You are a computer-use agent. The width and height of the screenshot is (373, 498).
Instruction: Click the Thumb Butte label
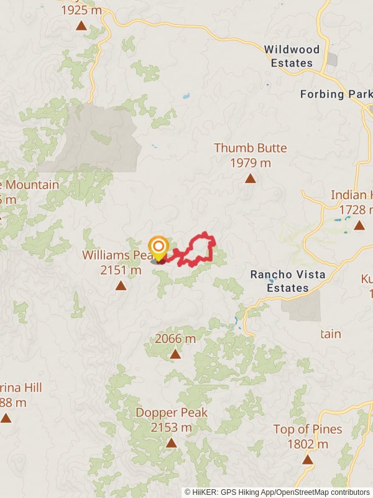click(251, 148)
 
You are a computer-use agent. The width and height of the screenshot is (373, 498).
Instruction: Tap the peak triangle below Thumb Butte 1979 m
click(251, 179)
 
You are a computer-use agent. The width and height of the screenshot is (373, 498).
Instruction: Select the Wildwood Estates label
click(292, 56)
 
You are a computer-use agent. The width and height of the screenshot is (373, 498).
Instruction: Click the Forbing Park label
click(336, 94)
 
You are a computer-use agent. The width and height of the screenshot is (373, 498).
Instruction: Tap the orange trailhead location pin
click(159, 248)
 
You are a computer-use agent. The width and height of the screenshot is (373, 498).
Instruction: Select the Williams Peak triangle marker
click(121, 286)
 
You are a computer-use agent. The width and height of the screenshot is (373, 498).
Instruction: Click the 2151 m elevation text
click(121, 270)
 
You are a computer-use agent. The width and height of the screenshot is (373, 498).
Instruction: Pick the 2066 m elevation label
click(175, 339)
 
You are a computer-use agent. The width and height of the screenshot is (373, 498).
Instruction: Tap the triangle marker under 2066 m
click(175, 354)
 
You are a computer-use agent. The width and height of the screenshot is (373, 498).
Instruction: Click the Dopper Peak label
click(172, 413)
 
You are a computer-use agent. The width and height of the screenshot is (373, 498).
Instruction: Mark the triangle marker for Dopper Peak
click(171, 443)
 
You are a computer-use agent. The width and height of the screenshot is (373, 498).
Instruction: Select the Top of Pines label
click(307, 429)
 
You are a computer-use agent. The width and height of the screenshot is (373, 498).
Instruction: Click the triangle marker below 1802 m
click(307, 459)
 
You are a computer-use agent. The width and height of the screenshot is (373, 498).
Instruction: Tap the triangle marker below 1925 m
click(81, 26)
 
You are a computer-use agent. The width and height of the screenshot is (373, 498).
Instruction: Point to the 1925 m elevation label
click(82, 11)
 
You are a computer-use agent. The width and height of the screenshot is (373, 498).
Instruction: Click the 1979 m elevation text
click(251, 163)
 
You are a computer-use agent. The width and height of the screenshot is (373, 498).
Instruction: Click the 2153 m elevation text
click(172, 428)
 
